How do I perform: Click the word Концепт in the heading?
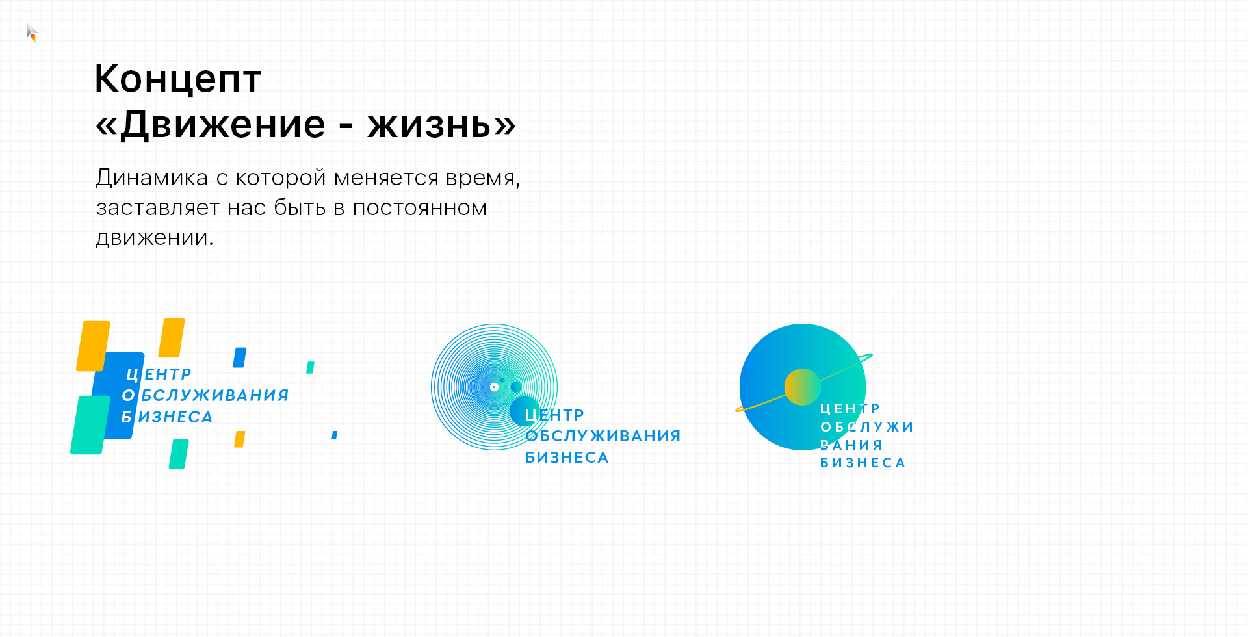(177, 79)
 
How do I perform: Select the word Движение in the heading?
(223, 124)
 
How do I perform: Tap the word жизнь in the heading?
(430, 124)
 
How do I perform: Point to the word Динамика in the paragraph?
(152, 177)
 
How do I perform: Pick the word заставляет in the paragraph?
(158, 208)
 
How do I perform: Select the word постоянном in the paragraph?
(420, 208)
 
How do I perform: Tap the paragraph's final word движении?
(155, 238)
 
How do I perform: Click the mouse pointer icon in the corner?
(32, 32)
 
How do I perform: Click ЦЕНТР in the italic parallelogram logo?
(159, 374)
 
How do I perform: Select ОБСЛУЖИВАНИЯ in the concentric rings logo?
(603, 436)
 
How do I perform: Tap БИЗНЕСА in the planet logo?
(863, 463)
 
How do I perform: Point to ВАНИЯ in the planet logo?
(851, 445)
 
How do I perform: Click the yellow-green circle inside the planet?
(803, 387)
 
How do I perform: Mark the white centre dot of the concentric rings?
(494, 387)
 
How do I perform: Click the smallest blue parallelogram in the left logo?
(335, 435)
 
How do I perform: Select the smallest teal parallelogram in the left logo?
(311, 367)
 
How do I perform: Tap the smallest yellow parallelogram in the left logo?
(240, 439)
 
